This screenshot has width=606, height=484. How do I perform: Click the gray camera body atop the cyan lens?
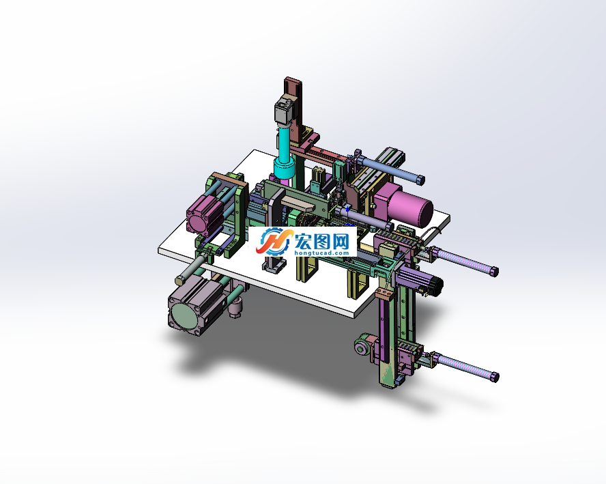tap(285, 111)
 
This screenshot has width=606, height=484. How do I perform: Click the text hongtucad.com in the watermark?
tap(321, 253)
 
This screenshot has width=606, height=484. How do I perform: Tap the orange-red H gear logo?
tap(273, 241)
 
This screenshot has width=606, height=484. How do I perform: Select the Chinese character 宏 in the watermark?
tap(303, 242)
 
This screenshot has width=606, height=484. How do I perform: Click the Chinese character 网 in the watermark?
tap(340, 242)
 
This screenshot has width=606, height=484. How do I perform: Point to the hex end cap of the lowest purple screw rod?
tap(494, 377)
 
